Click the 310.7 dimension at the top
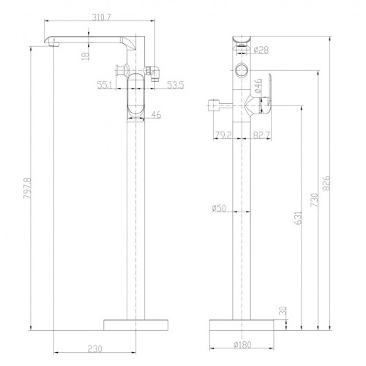click(x=101, y=17)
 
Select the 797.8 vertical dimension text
click(x=28, y=188)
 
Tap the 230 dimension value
click(x=94, y=348)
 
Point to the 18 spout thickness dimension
click(x=86, y=56)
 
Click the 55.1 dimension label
click(x=105, y=85)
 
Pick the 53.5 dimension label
click(x=176, y=85)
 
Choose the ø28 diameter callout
click(x=261, y=50)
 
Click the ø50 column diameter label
click(x=219, y=208)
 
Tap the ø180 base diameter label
click(x=242, y=345)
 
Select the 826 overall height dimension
click(x=326, y=183)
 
